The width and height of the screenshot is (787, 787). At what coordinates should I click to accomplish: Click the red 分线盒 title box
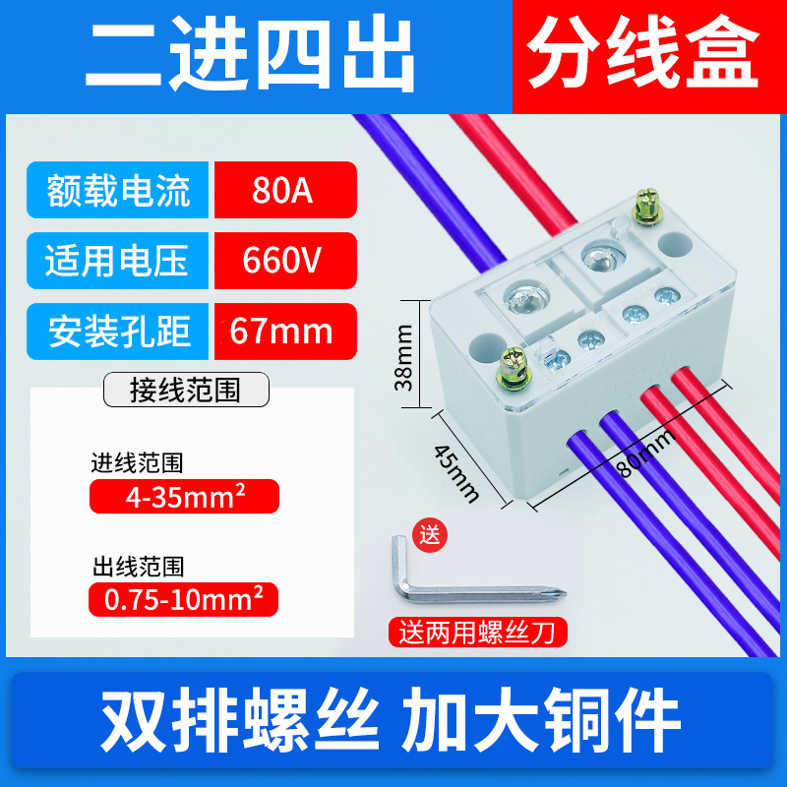[x=644, y=57]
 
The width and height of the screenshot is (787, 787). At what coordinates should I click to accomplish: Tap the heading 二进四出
[x=251, y=57]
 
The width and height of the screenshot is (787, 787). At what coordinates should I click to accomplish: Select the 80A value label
[x=283, y=189]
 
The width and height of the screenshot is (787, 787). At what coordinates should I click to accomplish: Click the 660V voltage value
[x=283, y=260]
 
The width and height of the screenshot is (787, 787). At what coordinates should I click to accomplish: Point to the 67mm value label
[x=283, y=332]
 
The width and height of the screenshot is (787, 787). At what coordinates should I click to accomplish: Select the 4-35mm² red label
[x=184, y=496]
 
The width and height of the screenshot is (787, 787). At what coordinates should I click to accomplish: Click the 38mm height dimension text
[x=403, y=360]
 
